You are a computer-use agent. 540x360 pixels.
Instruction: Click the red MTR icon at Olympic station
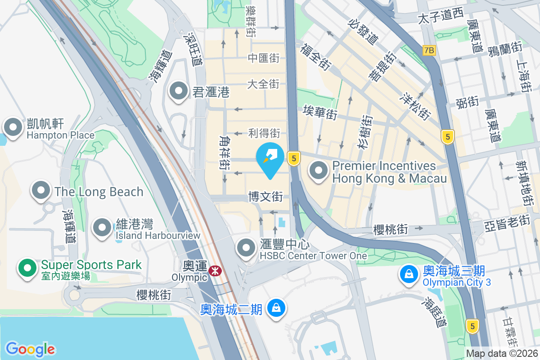click(215, 270)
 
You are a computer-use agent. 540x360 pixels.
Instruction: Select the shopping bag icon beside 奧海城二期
click(274, 309)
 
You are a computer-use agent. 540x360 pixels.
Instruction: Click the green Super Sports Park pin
click(27, 268)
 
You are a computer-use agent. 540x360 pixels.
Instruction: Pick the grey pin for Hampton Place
click(13, 127)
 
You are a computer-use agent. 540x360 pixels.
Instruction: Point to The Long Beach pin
click(41, 190)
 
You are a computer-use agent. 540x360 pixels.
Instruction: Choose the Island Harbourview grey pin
click(102, 227)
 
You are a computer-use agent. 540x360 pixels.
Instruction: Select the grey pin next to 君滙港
click(179, 91)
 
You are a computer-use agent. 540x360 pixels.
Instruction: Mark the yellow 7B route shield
click(429, 50)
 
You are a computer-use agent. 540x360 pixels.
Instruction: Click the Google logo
click(30, 349)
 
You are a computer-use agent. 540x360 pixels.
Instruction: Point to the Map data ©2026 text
click(501, 354)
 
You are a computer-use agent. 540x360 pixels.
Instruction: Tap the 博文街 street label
click(265, 197)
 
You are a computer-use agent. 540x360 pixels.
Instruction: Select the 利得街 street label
click(264, 133)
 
